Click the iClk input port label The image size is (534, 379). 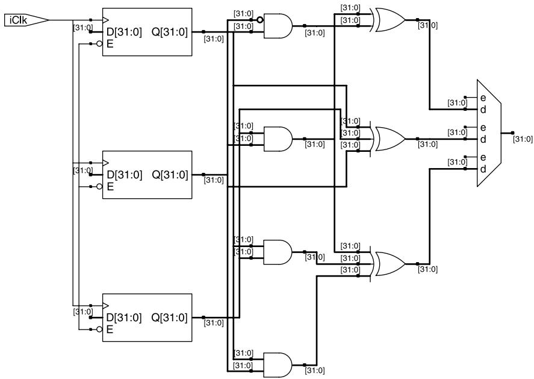pyautogui.click(x=18, y=20)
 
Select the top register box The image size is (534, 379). pyautogui.click(x=147, y=32)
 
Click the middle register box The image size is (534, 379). pyautogui.click(x=147, y=175)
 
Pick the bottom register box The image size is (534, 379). pyautogui.click(x=147, y=318)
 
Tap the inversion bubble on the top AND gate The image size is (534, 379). pyautogui.click(x=260, y=20)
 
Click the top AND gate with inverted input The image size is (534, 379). pyautogui.click(x=278, y=26)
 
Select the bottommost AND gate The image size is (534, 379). pyautogui.click(x=278, y=365)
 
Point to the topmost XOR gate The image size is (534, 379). pyautogui.click(x=389, y=20)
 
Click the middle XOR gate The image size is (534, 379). pyautogui.click(x=389, y=139)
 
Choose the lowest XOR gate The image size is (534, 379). pyautogui.click(x=389, y=264)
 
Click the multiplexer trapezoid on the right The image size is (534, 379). pyautogui.click(x=489, y=133)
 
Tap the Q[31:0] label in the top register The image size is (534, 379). pyautogui.click(x=170, y=32)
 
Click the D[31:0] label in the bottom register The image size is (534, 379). pyautogui.click(x=123, y=318)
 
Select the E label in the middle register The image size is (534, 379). pyautogui.click(x=110, y=187)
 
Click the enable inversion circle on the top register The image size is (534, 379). pyautogui.click(x=99, y=43)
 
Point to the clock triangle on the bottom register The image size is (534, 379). pyautogui.click(x=105, y=305)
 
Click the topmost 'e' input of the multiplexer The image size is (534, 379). pyautogui.click(x=483, y=98)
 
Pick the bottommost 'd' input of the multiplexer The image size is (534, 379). pyautogui.click(x=483, y=169)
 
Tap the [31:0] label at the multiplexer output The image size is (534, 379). pyautogui.click(x=523, y=139)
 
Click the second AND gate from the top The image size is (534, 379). pyautogui.click(x=278, y=139)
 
